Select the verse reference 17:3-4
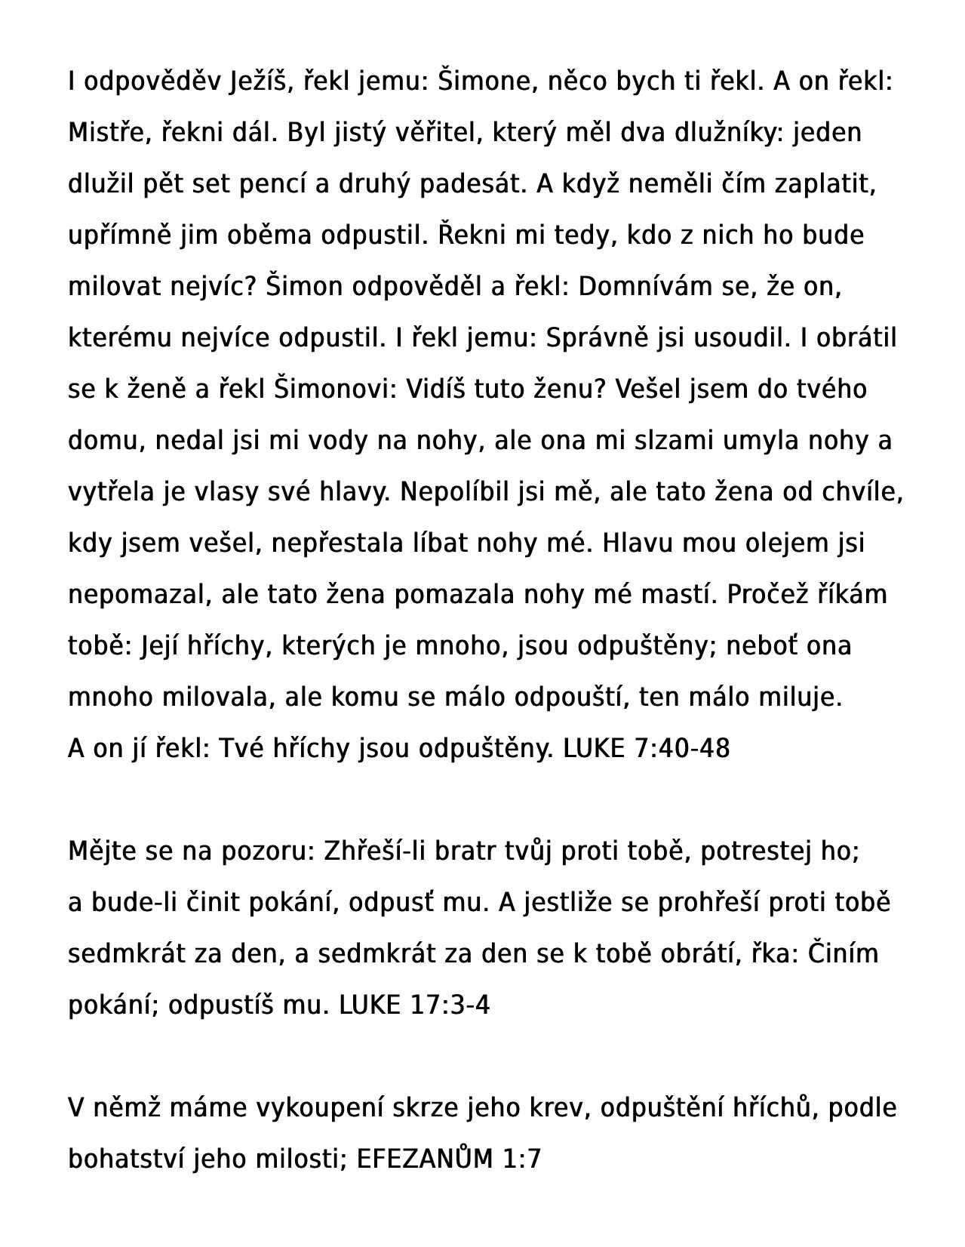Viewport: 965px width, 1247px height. pyautogui.click(x=450, y=1005)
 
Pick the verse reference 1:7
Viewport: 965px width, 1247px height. pyautogui.click(x=521, y=1159)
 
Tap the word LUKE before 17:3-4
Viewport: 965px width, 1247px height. pyautogui.click(x=370, y=1005)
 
